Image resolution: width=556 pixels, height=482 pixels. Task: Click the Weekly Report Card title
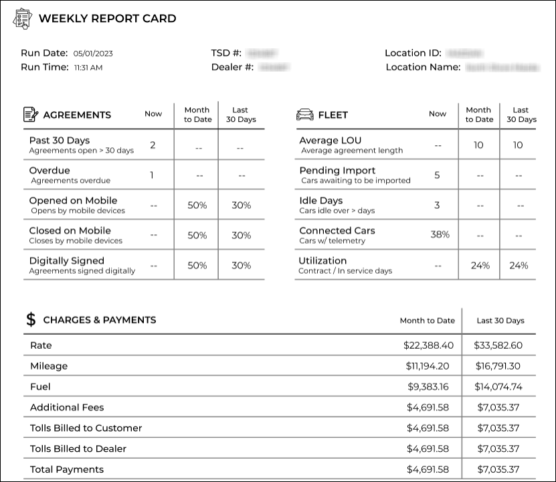(x=107, y=19)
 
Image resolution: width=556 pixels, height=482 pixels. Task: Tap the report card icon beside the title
(x=22, y=19)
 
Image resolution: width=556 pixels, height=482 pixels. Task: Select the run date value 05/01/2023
(x=93, y=54)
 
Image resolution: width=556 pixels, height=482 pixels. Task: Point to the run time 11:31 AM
(x=88, y=68)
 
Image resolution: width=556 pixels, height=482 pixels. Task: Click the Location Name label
(x=423, y=67)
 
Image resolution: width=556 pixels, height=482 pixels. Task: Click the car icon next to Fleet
(x=304, y=114)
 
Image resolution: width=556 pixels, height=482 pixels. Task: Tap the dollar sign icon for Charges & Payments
(x=31, y=319)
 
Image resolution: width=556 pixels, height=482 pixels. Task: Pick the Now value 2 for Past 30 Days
(x=153, y=145)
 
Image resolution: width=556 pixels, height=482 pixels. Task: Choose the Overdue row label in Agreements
(x=50, y=170)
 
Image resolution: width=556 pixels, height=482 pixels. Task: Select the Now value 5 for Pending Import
(x=437, y=175)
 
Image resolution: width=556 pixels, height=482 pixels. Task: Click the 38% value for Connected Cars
(x=440, y=234)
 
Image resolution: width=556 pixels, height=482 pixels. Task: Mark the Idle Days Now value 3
(x=437, y=205)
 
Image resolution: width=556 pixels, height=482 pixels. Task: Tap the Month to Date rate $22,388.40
(x=428, y=345)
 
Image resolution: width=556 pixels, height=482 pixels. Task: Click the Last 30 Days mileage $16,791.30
(x=498, y=366)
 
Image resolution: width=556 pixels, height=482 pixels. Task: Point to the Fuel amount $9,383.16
(x=428, y=387)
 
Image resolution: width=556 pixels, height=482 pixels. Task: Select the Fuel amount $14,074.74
(x=498, y=387)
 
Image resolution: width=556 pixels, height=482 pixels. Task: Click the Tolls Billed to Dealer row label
(x=78, y=449)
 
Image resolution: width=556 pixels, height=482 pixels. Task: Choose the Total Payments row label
(x=67, y=469)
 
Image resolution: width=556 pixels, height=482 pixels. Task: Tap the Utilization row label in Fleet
(x=323, y=260)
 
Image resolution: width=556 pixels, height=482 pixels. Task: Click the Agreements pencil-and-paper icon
(x=31, y=114)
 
